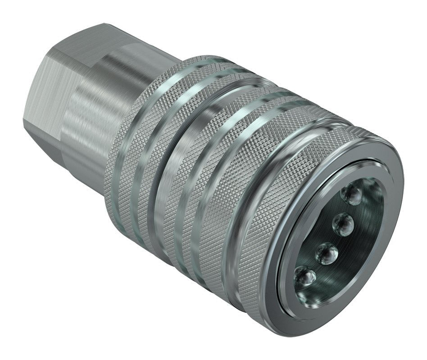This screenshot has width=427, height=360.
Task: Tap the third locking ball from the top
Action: pyautogui.click(x=326, y=253)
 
